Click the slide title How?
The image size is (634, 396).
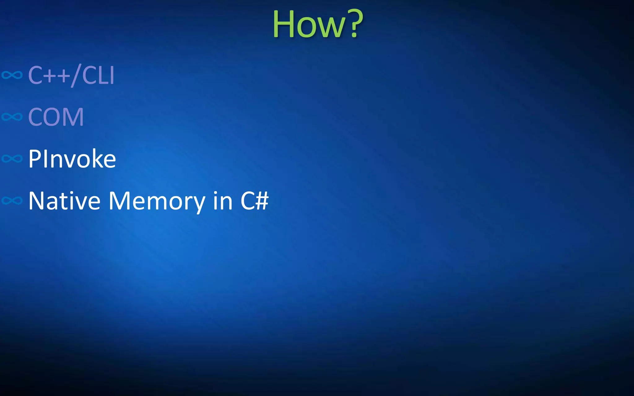pos(318,24)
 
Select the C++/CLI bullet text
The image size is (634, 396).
pos(71,75)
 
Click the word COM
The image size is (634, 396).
pos(56,117)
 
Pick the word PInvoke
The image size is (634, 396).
pos(72,159)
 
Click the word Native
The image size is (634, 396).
pos(64,201)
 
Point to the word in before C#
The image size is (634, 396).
pos(223,201)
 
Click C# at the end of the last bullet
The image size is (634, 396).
pos(254,201)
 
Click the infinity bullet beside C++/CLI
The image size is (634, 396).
pos(12,75)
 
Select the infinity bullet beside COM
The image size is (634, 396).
pos(12,117)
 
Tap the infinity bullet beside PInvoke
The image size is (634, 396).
pos(12,159)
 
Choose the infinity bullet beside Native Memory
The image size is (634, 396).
pos(12,201)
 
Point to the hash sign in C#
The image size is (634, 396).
pos(262,201)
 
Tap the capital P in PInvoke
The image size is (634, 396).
pos(34,159)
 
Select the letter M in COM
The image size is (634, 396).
pos(73,117)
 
